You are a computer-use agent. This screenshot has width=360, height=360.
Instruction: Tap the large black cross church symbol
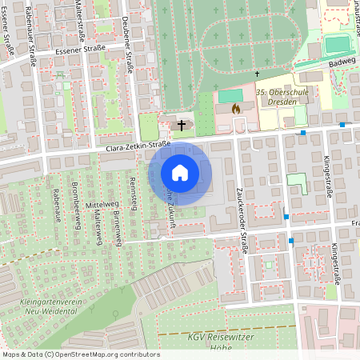point(182,125)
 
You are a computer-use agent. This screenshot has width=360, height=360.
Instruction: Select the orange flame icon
point(234,106)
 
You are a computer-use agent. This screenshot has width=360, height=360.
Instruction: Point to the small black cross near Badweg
point(257,74)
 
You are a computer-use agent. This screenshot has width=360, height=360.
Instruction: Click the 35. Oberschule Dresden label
point(282,98)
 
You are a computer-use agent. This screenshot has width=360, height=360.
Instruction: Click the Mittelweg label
point(102,204)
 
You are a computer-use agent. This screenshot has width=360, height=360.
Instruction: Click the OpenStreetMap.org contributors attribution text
point(104,354)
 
